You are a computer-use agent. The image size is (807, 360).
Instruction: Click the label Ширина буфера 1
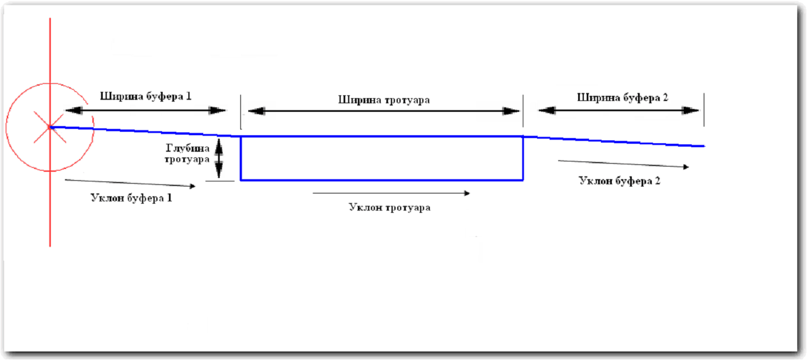click(146, 96)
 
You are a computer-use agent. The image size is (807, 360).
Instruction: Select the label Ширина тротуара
click(384, 100)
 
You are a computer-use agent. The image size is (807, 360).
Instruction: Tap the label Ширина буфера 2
click(623, 97)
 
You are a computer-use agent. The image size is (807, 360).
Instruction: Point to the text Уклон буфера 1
click(131, 199)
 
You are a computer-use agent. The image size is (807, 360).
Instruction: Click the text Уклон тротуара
click(389, 208)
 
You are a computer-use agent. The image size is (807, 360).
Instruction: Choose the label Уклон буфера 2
click(620, 181)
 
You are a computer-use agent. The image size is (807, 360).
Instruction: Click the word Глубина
click(183, 148)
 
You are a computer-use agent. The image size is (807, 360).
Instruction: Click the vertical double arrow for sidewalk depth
click(218, 159)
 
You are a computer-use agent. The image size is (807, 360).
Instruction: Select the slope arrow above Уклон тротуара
click(391, 193)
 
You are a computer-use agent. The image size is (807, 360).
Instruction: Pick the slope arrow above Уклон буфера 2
click(623, 164)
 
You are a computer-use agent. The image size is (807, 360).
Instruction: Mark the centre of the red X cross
click(50, 127)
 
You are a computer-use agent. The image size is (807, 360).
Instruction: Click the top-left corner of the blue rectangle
click(241, 137)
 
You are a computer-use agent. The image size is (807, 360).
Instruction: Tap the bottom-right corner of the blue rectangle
click(523, 180)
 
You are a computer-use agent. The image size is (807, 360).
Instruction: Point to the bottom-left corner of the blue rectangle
click(241, 180)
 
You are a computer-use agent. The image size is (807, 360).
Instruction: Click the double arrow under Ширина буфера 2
click(619, 111)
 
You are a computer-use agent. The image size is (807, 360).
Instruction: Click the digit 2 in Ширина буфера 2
click(665, 97)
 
